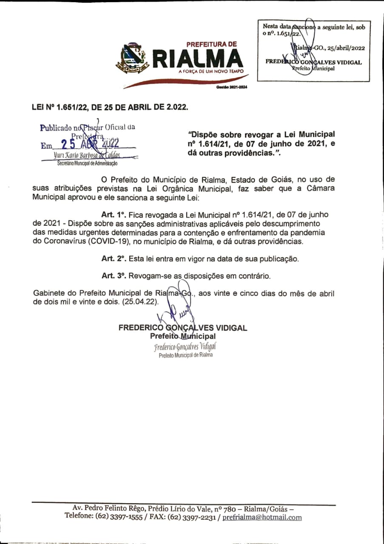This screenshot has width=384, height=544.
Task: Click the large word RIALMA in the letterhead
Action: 198,59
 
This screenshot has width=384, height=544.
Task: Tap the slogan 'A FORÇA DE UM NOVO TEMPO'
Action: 211,71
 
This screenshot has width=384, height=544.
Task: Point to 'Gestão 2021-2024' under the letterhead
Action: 231,87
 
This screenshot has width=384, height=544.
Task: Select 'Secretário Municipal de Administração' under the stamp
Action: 88,163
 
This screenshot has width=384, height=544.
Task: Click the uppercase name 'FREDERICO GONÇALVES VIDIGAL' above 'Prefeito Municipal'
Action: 182,328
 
